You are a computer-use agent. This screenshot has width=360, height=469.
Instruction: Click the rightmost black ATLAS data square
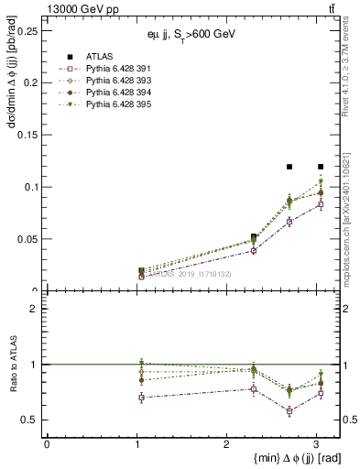pyautogui.click(x=321, y=167)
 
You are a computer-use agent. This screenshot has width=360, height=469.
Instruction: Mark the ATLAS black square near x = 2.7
pyautogui.click(x=289, y=167)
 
